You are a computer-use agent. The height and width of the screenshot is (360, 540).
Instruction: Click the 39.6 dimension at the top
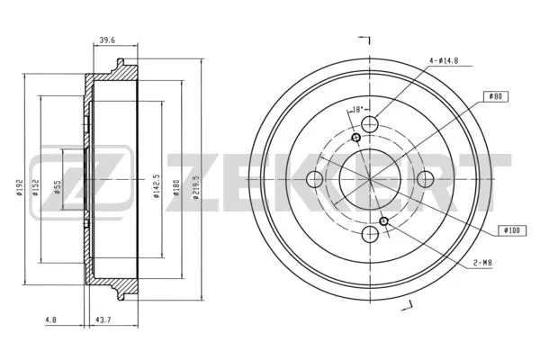click(106, 40)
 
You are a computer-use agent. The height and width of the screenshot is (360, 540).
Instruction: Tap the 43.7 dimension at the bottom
click(105, 319)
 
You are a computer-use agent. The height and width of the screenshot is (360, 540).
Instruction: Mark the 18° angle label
click(355, 110)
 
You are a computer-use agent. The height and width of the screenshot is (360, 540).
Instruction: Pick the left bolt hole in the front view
click(316, 179)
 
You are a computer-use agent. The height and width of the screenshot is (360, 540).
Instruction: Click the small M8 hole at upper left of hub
click(356, 138)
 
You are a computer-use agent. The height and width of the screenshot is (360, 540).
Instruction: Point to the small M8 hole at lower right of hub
click(385, 221)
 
